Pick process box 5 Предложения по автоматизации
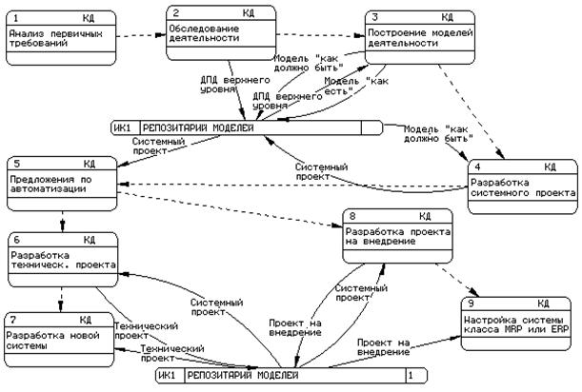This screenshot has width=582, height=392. tap(59, 182)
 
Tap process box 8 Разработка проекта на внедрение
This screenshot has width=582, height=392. tap(397, 235)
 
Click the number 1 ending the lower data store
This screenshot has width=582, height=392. tap(411, 377)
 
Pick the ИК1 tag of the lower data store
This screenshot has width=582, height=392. tap(171, 377)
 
